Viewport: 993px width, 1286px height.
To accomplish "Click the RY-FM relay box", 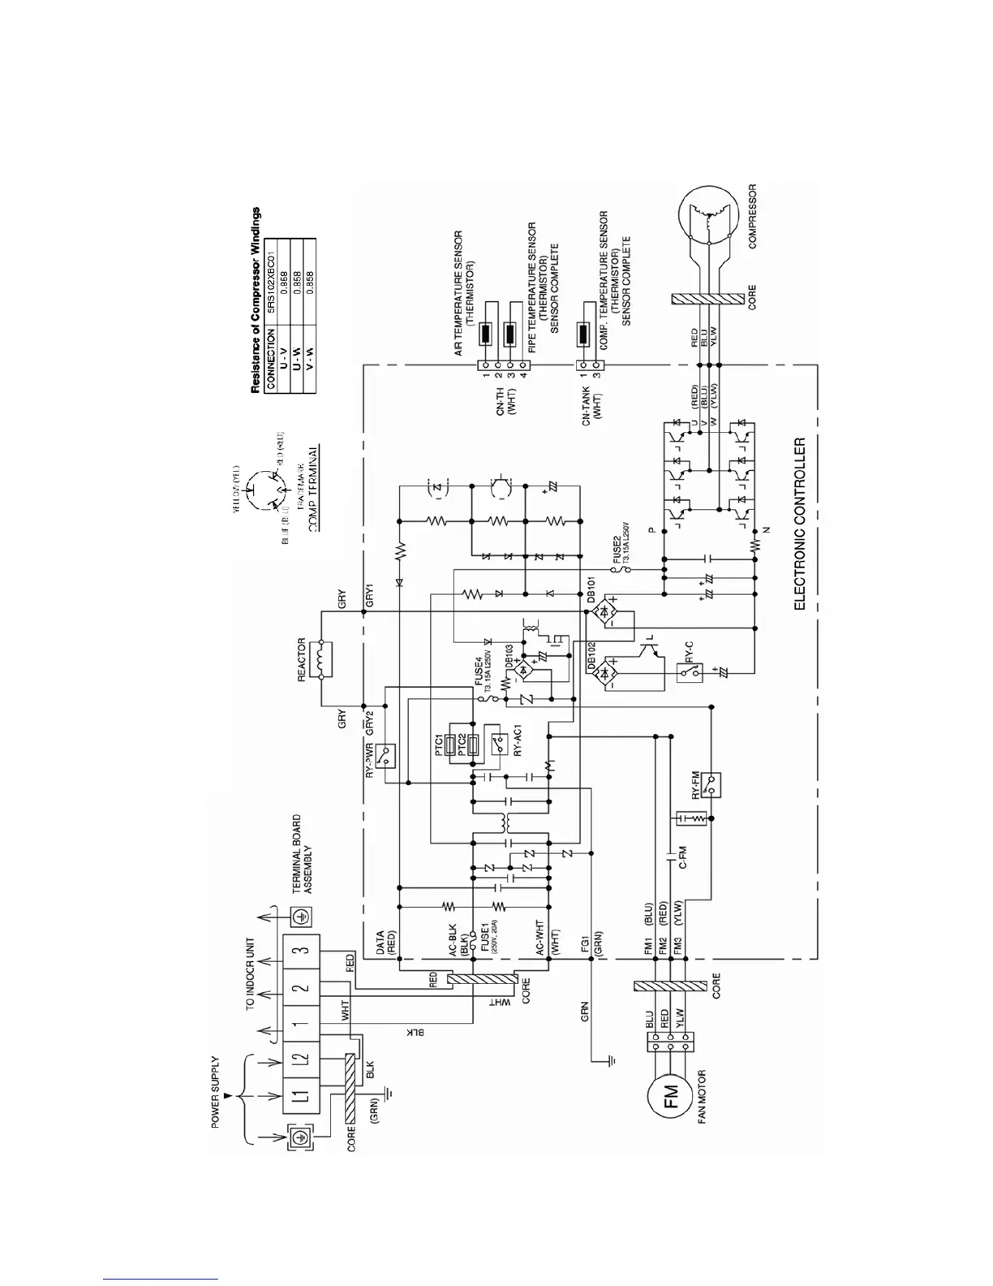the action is point(712,784).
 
